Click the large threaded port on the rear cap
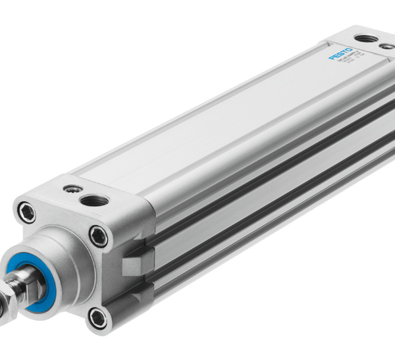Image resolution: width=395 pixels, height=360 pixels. [369, 38]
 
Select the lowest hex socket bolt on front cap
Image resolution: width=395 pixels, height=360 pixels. [98, 318]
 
